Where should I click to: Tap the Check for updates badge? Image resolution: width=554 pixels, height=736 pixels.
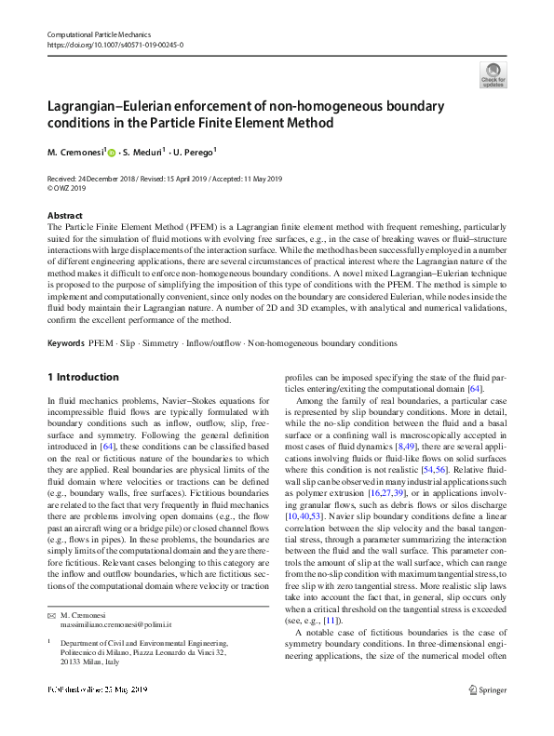493,74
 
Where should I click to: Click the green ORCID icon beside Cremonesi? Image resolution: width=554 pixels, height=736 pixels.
111,153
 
